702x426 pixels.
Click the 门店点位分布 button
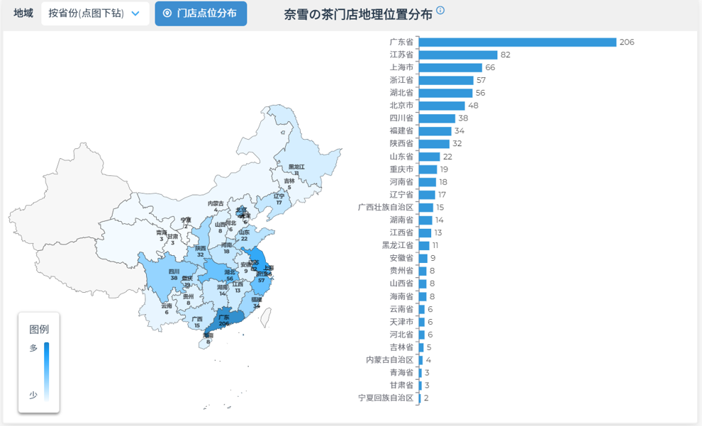[201, 13]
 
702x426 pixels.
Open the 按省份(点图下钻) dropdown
[95, 13]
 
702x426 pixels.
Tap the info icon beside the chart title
[440, 11]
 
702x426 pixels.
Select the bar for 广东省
[517, 42]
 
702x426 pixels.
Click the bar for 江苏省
[457, 55]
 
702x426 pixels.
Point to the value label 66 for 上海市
[490, 67]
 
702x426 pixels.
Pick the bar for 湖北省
[445, 93]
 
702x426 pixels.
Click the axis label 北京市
[401, 106]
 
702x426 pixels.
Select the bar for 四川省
[437, 118]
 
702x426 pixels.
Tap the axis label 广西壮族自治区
[386, 208]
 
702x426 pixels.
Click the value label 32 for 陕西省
[457, 144]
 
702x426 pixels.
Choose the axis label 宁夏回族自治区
[386, 398]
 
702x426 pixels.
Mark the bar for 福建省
[435, 131]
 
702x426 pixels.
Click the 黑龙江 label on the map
[296, 167]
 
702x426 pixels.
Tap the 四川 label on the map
[174, 271]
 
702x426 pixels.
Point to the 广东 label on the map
[224, 317]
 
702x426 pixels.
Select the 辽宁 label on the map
[279, 196]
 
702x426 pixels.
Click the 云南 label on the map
[166, 306]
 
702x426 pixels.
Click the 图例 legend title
[39, 330]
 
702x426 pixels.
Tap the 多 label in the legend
[33, 348]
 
